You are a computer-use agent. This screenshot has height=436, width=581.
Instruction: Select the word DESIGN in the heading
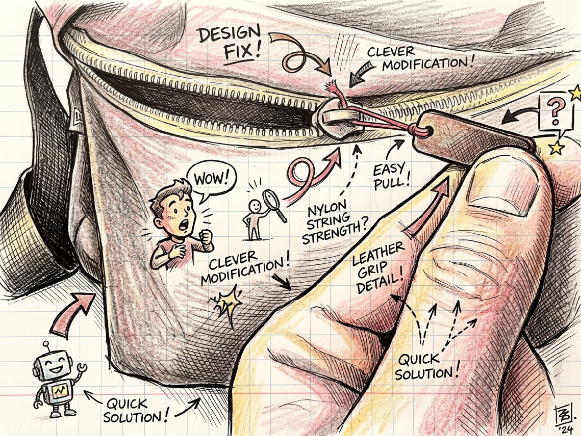click(229, 34)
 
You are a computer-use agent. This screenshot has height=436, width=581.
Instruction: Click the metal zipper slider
click(337, 119)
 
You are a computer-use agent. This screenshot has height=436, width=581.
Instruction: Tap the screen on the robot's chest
click(58, 390)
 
